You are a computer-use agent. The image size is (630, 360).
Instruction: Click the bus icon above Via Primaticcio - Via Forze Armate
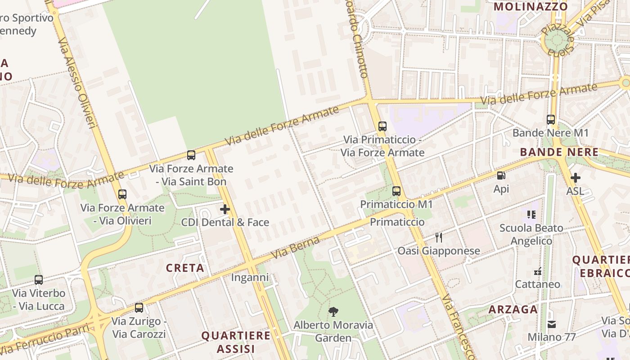tap(382, 126)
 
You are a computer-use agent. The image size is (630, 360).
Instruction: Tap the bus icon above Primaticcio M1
tap(396, 191)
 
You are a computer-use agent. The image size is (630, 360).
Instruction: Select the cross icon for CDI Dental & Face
tap(225, 209)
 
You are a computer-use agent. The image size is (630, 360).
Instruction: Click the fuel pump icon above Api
tap(501, 175)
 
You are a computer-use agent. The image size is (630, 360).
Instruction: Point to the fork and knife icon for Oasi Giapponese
tap(439, 238)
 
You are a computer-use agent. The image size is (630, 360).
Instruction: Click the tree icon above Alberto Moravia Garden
tap(333, 311)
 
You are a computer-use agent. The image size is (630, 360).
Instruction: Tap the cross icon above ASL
tap(575, 178)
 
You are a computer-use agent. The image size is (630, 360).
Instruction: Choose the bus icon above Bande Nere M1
tap(551, 120)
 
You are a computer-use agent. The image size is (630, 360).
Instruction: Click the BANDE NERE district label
tap(559, 152)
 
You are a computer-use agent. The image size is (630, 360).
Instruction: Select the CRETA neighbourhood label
tap(185, 268)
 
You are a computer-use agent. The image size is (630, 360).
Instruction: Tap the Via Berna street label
tap(295, 248)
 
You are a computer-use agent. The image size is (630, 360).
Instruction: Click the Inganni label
tap(250, 278)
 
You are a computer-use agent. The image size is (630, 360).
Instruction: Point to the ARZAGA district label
tap(513, 310)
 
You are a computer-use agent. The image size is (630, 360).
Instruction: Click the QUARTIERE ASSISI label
tap(236, 342)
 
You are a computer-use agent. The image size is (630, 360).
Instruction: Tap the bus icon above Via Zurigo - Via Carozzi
tap(139, 308)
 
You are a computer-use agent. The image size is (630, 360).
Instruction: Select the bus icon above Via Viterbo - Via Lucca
tap(39, 280)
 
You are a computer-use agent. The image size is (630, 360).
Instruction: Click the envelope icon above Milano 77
tap(551, 324)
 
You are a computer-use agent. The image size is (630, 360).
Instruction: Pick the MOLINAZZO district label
tap(531, 7)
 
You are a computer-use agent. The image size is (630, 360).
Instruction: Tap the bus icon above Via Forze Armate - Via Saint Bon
tap(191, 155)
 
